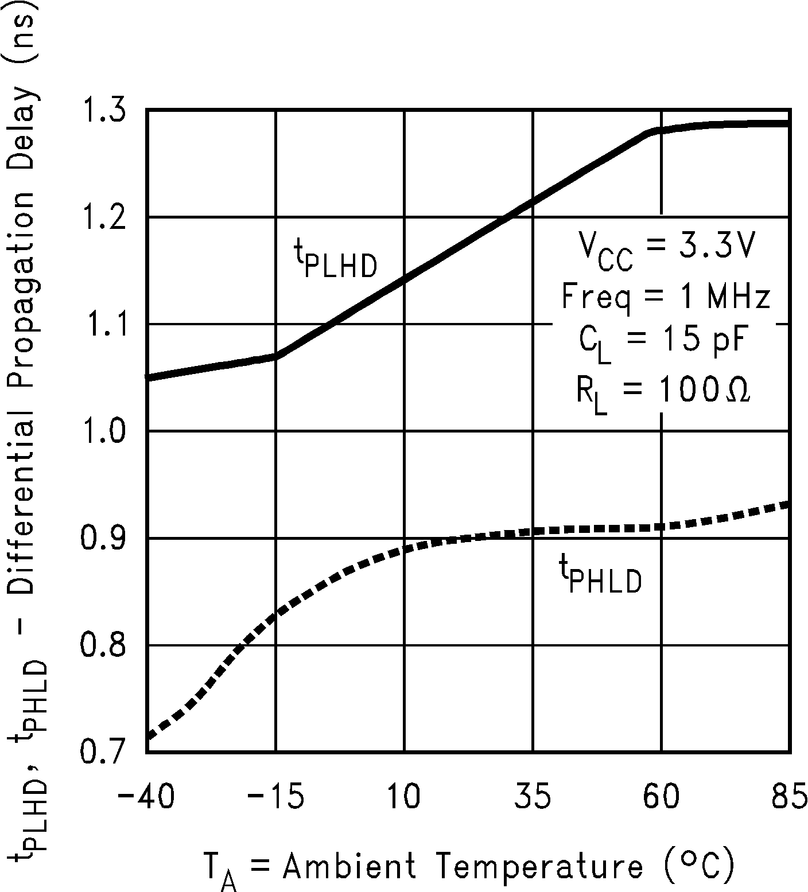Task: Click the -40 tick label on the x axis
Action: pyautogui.click(x=146, y=798)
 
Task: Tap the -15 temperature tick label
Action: pyautogui.click(x=275, y=798)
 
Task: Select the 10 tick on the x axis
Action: pyautogui.click(x=405, y=798)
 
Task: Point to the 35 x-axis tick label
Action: pyautogui.click(x=534, y=798)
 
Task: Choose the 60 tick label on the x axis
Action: pyautogui.click(x=662, y=798)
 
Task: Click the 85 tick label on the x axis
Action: pyautogui.click(x=789, y=798)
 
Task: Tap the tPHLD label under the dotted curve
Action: pyautogui.click(x=600, y=577)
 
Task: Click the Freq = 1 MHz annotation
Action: pyautogui.click(x=665, y=297)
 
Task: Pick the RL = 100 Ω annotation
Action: pyautogui.click(x=663, y=394)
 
